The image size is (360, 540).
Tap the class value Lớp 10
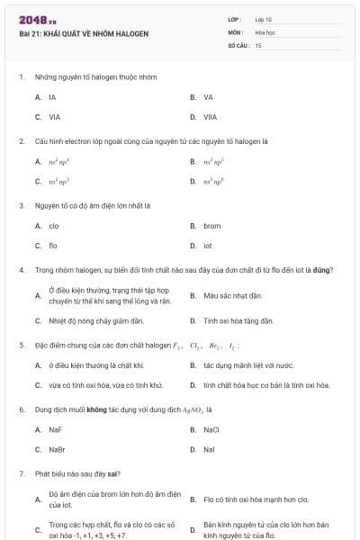[263, 19]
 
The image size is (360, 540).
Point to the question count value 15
[258, 44]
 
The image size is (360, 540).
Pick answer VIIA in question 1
[210, 117]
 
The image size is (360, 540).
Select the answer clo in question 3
[53, 226]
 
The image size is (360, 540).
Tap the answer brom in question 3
[211, 226]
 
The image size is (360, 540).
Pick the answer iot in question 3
[208, 246]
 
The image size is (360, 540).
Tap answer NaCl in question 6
[211, 429]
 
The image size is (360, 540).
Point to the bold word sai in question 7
[113, 473]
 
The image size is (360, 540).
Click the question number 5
[21, 345]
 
